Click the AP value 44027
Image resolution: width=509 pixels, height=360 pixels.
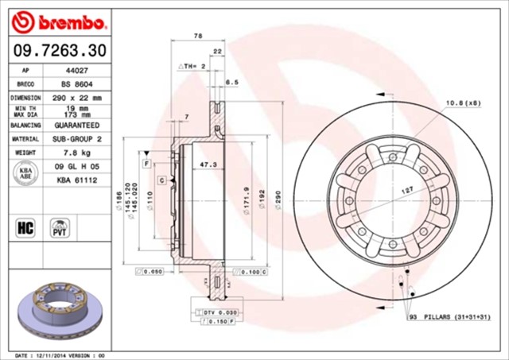[76, 70]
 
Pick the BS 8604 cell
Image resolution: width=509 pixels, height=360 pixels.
[76, 83]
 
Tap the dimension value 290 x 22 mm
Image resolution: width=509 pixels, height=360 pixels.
[76, 97]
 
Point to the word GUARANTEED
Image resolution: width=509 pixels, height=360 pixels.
[76, 125]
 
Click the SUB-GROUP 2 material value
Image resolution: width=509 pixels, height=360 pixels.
[76, 138]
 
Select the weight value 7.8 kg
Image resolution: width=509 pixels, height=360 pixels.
[76, 152]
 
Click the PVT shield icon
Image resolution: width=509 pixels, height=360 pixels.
[60, 229]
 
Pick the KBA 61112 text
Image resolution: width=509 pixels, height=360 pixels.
[76, 180]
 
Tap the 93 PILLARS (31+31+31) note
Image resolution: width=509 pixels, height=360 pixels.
[454, 317]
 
